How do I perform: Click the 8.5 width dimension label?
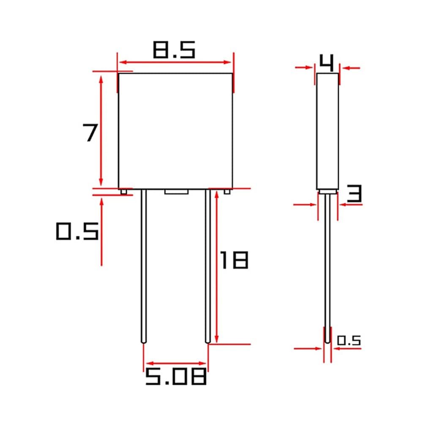coord(174,50)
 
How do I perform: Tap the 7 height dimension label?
coord(90,132)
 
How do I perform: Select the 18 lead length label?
coord(234,260)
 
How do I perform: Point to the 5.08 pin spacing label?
coord(176,377)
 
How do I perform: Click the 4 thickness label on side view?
coord(327,63)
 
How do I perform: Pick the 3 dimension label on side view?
coord(354,194)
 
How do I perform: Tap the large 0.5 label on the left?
coord(77,231)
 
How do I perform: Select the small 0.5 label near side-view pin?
coord(349,341)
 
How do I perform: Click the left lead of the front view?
coord(144,266)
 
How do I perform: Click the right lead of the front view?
coord(208,266)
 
